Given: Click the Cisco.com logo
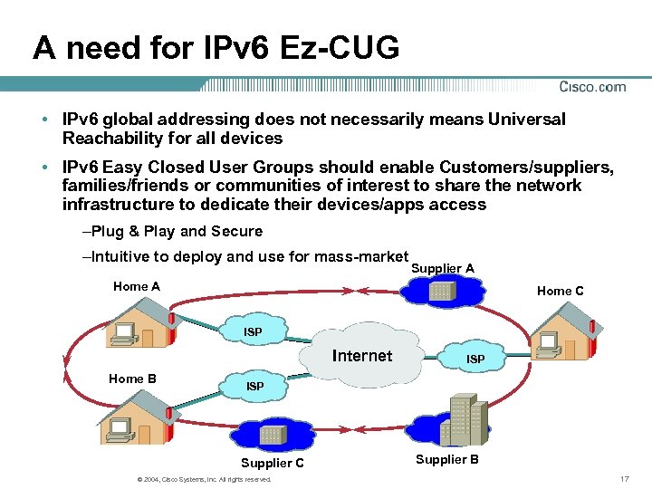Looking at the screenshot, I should [x=592, y=87].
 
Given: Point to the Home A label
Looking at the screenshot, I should [x=137, y=286].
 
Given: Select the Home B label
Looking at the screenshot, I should [x=132, y=379].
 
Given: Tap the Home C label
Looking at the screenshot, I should [x=560, y=291].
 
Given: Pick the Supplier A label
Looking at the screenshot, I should [x=443, y=268].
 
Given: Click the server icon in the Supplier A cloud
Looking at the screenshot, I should [x=442, y=291].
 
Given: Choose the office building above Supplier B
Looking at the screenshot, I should [x=464, y=419].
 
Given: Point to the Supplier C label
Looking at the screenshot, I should [x=273, y=463].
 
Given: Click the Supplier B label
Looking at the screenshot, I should [x=447, y=459].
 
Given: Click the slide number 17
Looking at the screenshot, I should [x=623, y=478].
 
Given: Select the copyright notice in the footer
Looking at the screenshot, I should [x=202, y=479].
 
